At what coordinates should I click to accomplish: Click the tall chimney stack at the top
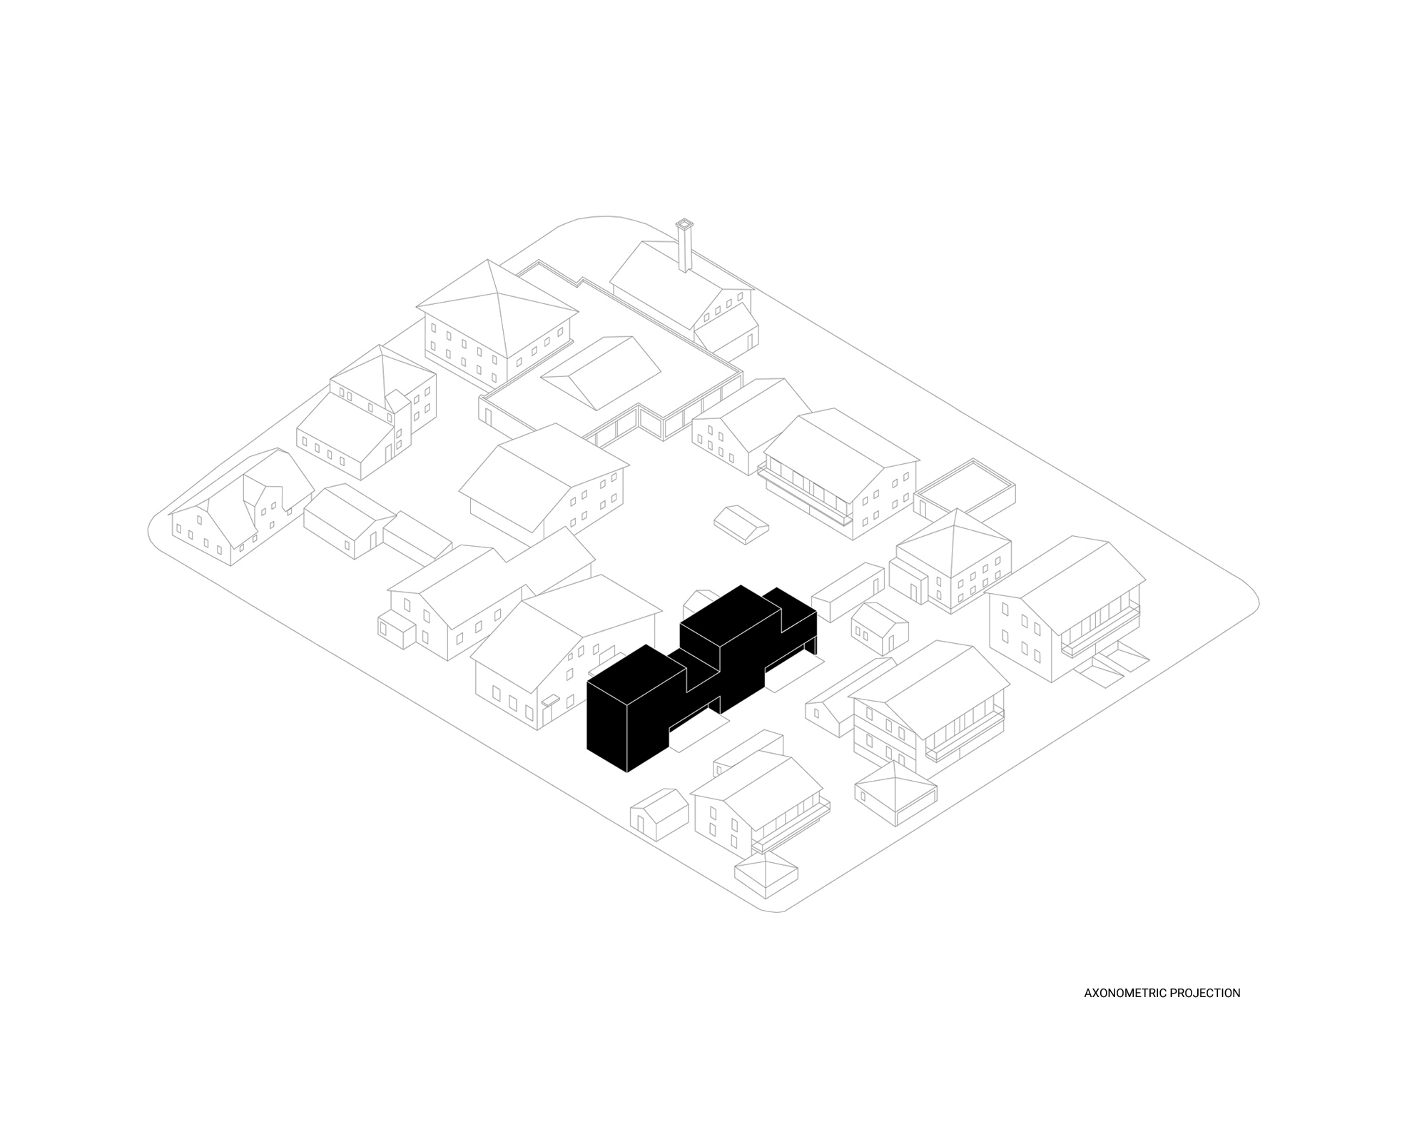tap(684, 248)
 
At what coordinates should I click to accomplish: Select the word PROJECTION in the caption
tap(1207, 993)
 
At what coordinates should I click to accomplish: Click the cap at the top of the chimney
tap(684, 223)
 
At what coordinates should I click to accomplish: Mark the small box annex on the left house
tap(396, 628)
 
